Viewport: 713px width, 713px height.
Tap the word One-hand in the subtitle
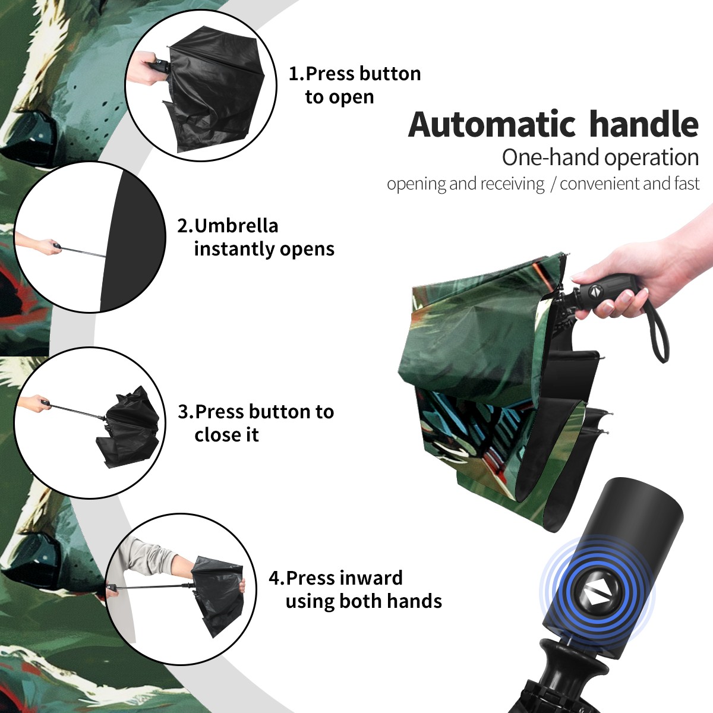551,157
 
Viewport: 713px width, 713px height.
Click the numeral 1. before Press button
296,74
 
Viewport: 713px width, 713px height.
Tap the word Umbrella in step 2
236,226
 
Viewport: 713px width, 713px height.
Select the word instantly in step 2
235,249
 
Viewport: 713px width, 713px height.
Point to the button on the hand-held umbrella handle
595,291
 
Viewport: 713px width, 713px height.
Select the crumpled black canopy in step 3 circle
128,427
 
